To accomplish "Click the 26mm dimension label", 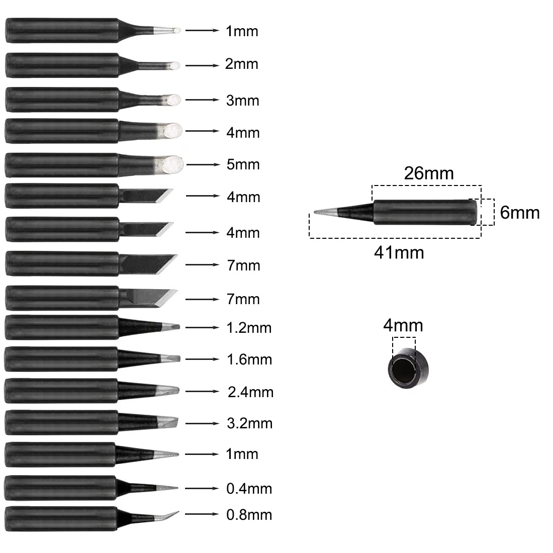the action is (x=428, y=173).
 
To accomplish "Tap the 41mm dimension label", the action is (x=399, y=253).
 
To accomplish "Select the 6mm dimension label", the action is (x=519, y=213).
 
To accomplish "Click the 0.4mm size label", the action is (x=249, y=489).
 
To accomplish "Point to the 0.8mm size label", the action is (x=249, y=515).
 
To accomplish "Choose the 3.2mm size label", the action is (x=249, y=423).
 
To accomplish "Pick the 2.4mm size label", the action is (x=250, y=392).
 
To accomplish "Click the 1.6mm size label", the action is (x=249, y=360).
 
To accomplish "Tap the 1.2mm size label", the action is (x=249, y=328).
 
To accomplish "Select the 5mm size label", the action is (x=243, y=165).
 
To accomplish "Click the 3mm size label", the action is (x=243, y=101).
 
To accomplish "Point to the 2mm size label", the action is (x=242, y=64).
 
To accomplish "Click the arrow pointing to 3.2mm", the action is (x=202, y=423).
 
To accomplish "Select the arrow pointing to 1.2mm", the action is (x=202, y=328).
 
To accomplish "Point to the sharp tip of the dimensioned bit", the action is (x=315, y=212).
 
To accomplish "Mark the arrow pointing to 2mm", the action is (x=202, y=65).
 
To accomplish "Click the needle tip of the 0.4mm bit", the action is (x=177, y=488).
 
